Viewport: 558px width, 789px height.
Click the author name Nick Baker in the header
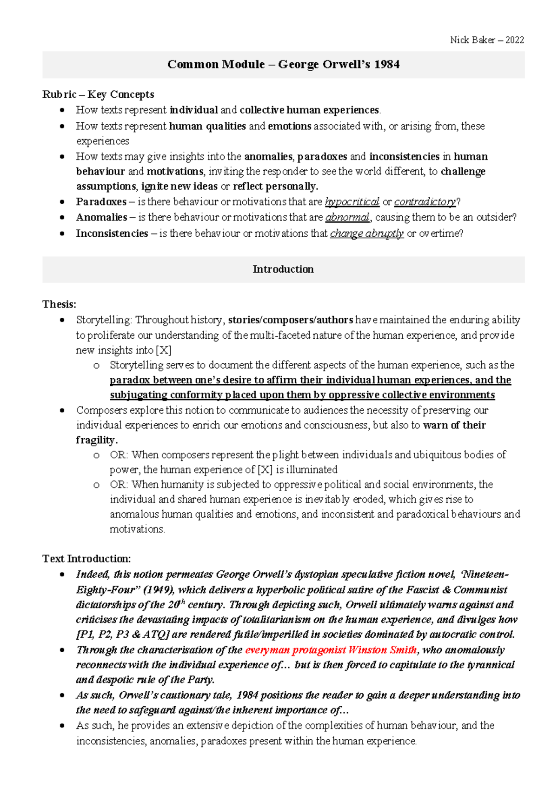(472, 40)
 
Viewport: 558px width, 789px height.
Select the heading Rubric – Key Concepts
(98, 94)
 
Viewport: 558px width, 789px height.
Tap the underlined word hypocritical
(352, 202)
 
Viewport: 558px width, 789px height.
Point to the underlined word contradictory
(425, 202)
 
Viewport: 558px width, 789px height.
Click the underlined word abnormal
(347, 217)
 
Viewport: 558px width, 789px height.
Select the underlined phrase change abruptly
(366, 234)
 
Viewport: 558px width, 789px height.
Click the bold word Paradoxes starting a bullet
(101, 202)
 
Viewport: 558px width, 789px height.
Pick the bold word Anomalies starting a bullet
(101, 217)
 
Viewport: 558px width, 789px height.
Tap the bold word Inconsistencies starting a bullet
(112, 234)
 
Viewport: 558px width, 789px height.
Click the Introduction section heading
(283, 269)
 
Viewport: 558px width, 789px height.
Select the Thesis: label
(59, 304)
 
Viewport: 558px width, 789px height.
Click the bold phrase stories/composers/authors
(291, 320)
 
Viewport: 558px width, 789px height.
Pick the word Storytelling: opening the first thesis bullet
(104, 320)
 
